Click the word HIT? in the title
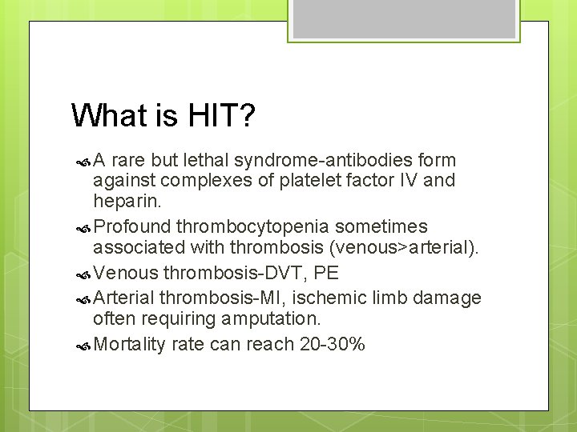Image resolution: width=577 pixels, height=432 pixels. pyautogui.click(x=222, y=116)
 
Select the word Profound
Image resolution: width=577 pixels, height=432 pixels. pyautogui.click(x=132, y=227)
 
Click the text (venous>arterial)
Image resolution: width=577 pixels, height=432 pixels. pyautogui.click(x=400, y=247)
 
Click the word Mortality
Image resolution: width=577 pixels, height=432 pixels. pyautogui.click(x=129, y=345)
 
